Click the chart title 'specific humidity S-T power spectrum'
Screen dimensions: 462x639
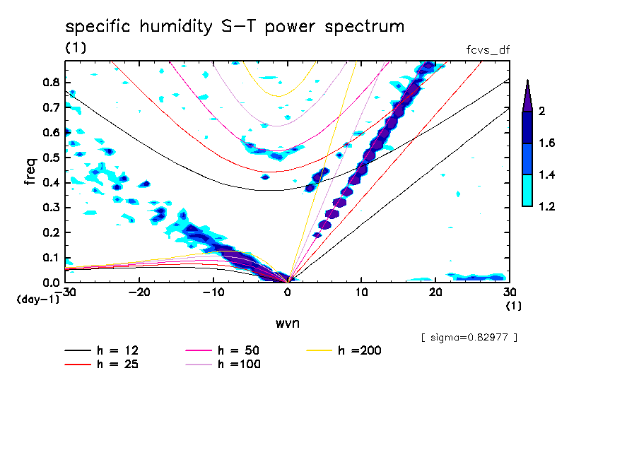235,28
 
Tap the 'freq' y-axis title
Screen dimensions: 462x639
30,171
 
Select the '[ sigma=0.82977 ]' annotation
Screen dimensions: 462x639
469,337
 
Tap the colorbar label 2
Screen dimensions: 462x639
541,112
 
